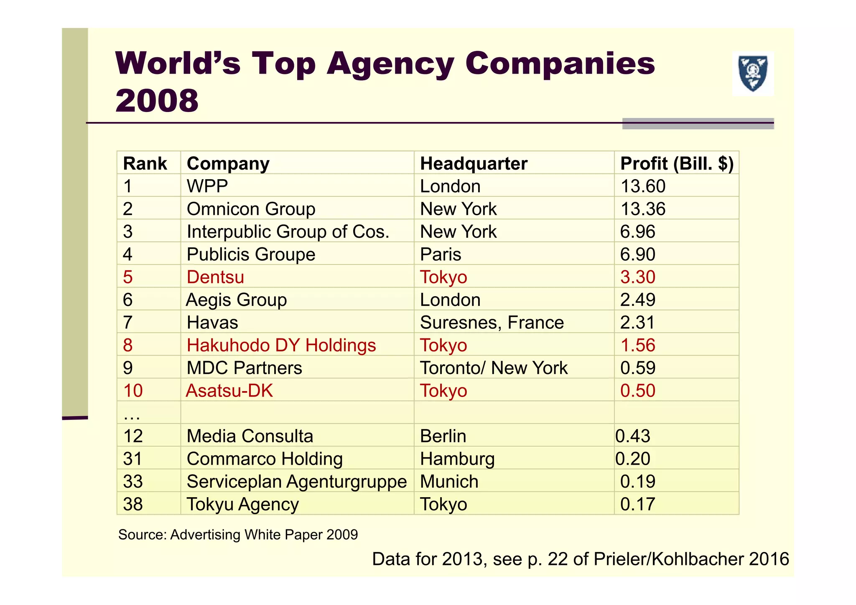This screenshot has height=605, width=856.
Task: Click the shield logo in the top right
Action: [753, 74]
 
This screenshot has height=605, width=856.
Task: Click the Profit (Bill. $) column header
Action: [677, 163]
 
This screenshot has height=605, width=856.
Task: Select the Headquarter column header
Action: [474, 163]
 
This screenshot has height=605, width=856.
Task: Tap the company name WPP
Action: [207, 186]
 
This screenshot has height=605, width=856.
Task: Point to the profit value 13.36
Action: [643, 209]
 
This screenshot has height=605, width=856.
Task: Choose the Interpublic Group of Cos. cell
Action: [288, 232]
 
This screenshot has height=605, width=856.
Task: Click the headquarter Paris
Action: [441, 254]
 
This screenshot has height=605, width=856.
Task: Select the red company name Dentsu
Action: [215, 277]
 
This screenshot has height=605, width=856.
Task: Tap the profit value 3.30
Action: [637, 277]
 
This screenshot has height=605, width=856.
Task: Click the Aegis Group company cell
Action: [237, 300]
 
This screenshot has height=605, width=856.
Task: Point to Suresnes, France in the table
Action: [492, 323]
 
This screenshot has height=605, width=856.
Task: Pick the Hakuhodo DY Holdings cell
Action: [281, 346]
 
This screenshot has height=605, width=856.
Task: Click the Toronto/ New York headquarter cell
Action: [494, 368]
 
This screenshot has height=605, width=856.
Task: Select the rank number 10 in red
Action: [133, 391]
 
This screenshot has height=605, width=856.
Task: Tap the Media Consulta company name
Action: [250, 436]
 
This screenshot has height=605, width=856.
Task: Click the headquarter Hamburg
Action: [457, 459]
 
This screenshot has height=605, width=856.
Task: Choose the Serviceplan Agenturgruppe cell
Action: [297, 482]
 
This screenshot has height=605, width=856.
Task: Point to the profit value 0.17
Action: [637, 504]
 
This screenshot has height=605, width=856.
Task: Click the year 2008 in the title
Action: [157, 101]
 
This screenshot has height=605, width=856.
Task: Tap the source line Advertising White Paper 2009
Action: [238, 535]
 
